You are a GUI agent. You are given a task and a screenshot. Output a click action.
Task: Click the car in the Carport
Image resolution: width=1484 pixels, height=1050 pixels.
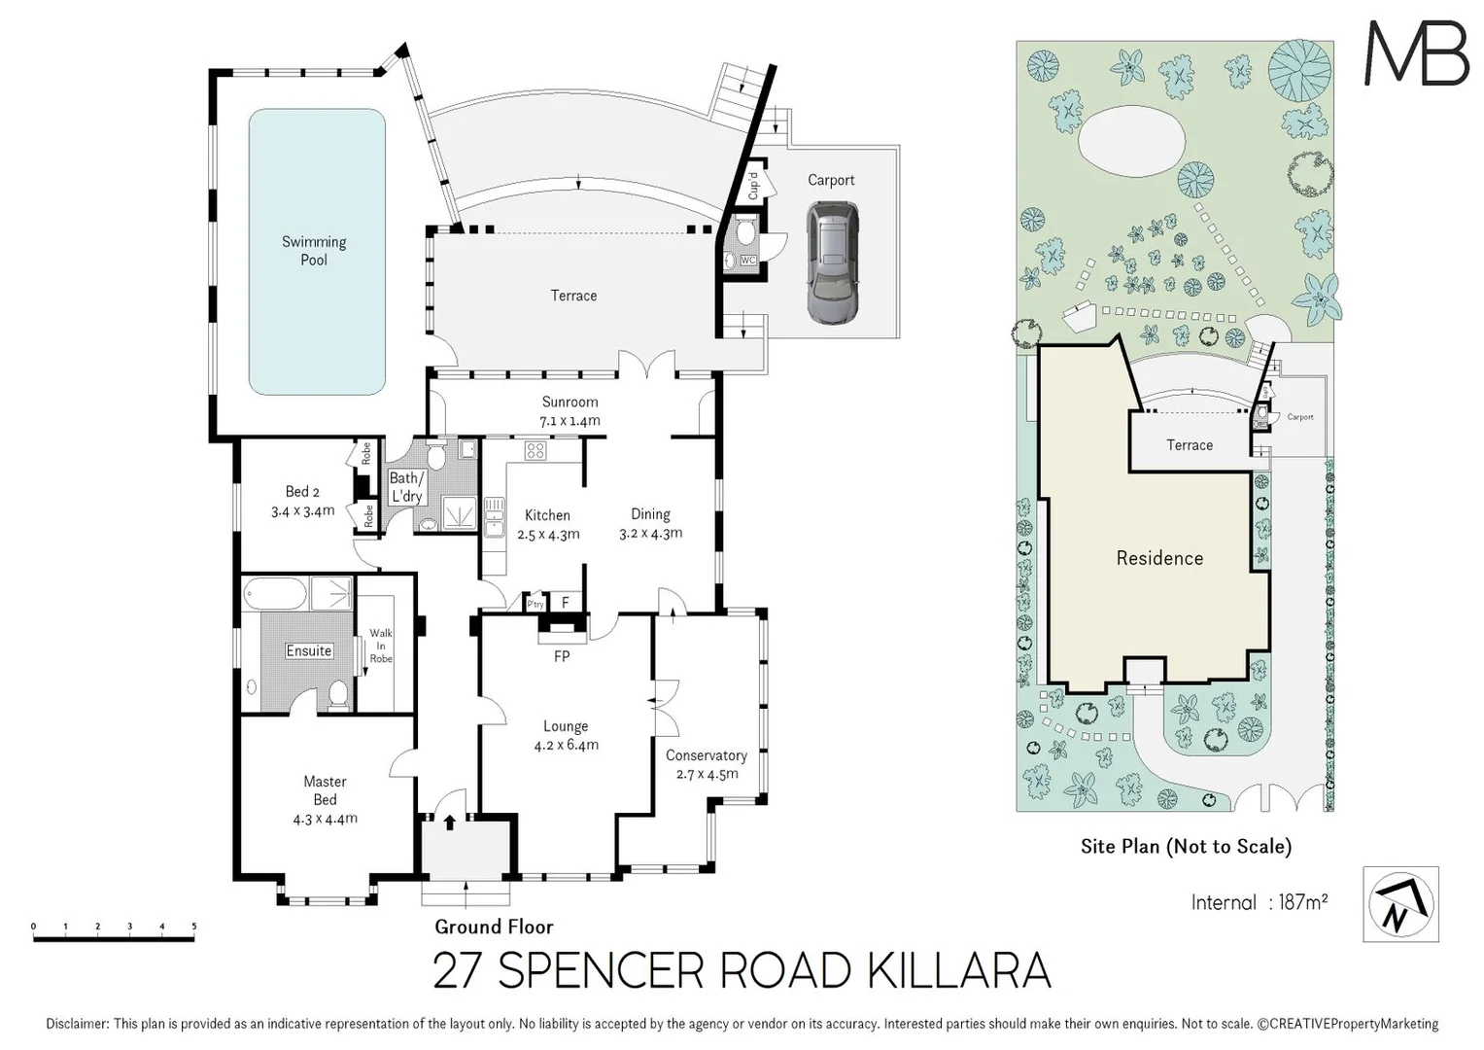pos(832,262)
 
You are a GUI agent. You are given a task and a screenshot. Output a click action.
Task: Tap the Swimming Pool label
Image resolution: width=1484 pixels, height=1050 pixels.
pos(314,251)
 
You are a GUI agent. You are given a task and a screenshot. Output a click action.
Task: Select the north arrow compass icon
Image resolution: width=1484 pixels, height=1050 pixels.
pos(1400,904)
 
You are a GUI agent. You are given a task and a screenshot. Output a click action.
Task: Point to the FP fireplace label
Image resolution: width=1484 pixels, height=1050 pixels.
pos(562,656)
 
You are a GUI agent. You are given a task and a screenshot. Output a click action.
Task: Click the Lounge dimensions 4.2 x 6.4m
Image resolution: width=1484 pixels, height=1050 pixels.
pos(567,745)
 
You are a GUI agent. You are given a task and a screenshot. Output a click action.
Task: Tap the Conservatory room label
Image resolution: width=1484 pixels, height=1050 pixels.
pos(707,755)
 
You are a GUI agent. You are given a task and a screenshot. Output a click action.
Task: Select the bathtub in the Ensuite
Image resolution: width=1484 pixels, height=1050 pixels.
pos(276,593)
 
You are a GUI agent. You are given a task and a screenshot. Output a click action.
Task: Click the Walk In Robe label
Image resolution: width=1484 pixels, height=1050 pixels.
pos(381,646)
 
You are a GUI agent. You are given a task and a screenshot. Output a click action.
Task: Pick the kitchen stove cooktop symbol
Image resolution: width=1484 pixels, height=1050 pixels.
pos(535,451)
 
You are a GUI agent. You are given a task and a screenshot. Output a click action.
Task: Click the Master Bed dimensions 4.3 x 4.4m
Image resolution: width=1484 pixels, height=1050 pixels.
pos(326,819)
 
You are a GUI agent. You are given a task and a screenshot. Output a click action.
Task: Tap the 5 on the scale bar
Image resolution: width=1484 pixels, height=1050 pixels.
pos(194,926)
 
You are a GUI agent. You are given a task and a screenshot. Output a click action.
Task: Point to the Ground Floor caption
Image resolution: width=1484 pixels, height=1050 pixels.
pos(494,927)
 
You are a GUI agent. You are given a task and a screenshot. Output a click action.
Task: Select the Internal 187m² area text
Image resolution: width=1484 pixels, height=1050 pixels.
pos(1259,902)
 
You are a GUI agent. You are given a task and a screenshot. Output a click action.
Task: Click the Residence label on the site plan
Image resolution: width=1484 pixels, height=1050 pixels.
pos(1159,558)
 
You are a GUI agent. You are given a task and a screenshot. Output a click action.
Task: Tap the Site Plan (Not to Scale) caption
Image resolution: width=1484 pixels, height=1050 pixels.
pos(1186,847)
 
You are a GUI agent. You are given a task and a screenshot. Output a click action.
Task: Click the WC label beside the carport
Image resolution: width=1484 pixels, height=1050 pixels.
pos(748,261)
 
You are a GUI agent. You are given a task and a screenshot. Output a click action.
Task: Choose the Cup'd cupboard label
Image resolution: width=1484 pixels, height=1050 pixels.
pos(753,186)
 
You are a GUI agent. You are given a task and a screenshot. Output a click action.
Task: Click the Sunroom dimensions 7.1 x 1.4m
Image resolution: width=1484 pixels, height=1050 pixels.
pos(569,421)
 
